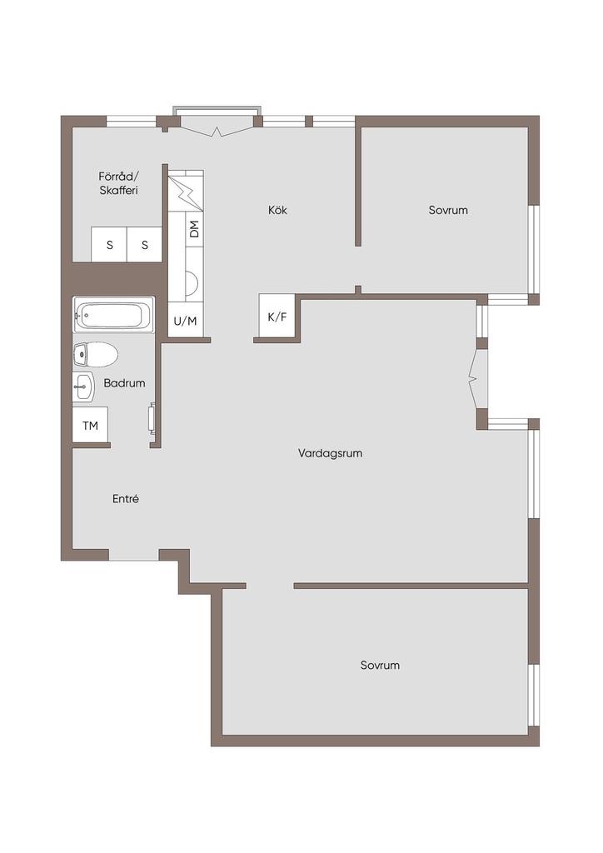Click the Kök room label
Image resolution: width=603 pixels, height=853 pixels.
(x=277, y=210)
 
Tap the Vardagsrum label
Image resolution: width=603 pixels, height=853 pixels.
(x=330, y=453)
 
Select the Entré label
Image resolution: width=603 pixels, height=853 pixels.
(x=126, y=499)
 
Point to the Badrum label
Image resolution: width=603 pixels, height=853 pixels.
(x=125, y=383)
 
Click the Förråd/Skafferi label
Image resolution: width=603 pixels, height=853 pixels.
(x=118, y=183)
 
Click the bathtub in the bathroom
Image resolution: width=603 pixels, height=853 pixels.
(x=113, y=314)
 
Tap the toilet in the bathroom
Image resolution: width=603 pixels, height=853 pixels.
(x=95, y=355)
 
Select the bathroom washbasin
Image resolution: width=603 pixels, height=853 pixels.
(x=83, y=387)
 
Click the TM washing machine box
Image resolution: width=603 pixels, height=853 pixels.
(x=90, y=425)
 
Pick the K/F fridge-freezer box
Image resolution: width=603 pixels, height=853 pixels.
(x=277, y=316)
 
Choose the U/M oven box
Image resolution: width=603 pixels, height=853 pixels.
(x=185, y=322)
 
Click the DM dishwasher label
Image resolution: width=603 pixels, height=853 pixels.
(x=194, y=229)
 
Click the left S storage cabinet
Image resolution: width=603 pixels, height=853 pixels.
(x=109, y=244)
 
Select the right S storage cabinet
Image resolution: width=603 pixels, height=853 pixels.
(x=145, y=244)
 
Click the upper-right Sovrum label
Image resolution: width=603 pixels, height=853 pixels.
(x=448, y=210)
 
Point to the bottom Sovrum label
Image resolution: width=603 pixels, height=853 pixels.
(x=380, y=665)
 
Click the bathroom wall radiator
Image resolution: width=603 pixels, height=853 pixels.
(x=152, y=418)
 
